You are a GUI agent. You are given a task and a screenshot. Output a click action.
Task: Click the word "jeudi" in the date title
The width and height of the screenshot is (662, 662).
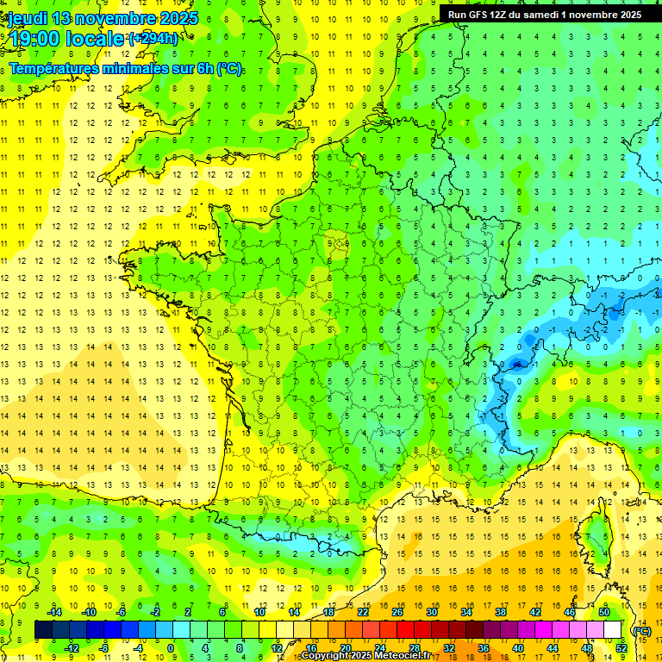tap(27, 17)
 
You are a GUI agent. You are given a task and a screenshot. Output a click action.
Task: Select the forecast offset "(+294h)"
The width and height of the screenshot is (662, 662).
tap(153, 38)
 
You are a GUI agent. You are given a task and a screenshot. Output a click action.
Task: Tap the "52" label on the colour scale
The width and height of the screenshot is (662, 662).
tap(621, 648)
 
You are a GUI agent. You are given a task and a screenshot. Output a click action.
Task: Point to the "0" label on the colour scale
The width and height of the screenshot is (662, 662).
tap(171, 648)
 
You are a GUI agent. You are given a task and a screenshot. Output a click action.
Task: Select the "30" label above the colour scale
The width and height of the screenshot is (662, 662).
tap(431, 611)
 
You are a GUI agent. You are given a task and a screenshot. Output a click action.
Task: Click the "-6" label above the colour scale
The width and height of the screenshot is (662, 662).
tap(121, 611)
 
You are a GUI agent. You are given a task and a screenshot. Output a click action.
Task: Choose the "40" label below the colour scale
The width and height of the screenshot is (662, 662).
tap(517, 648)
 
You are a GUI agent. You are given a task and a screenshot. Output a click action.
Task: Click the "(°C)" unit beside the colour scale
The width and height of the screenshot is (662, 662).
tap(641, 630)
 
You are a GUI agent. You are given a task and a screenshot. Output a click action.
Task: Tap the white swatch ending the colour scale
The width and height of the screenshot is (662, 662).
tap(613, 630)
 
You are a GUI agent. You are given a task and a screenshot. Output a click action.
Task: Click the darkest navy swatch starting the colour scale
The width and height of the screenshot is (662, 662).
tap(44, 630)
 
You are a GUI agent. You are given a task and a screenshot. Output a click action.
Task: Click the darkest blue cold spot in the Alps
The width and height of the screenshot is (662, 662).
tap(517, 364)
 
